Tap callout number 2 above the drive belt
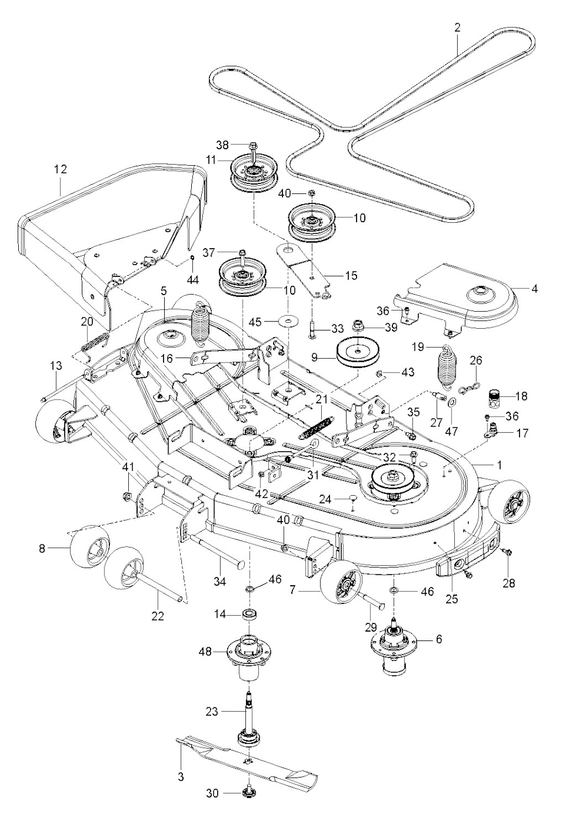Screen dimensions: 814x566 pyautogui.click(x=457, y=27)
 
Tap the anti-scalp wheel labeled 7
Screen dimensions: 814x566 pyautogui.click(x=340, y=590)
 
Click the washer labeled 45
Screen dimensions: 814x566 pyautogui.click(x=287, y=321)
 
